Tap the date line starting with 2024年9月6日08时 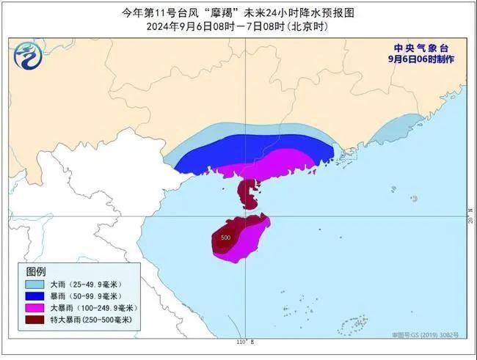[236, 26]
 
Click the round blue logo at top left [28, 56]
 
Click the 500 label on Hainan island [225, 238]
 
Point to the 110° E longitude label [244, 342]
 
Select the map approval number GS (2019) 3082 [425, 334]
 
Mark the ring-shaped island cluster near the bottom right [355, 323]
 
